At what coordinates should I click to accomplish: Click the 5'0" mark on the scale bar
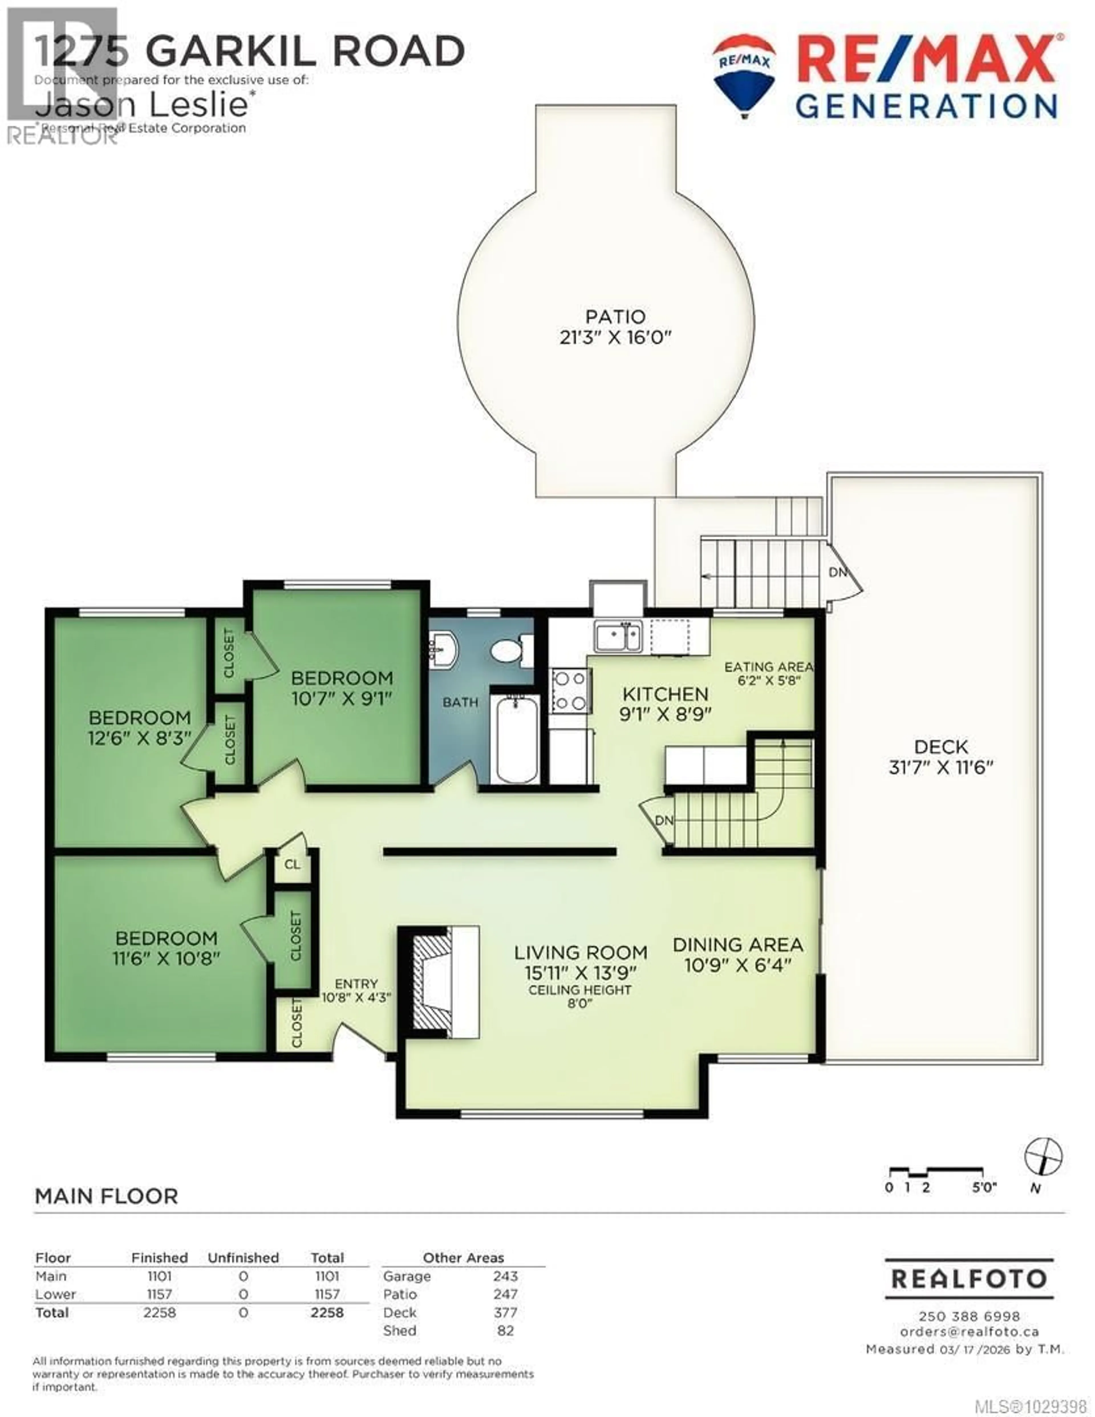pos(984,1187)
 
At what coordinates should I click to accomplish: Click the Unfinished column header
pos(243,1258)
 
